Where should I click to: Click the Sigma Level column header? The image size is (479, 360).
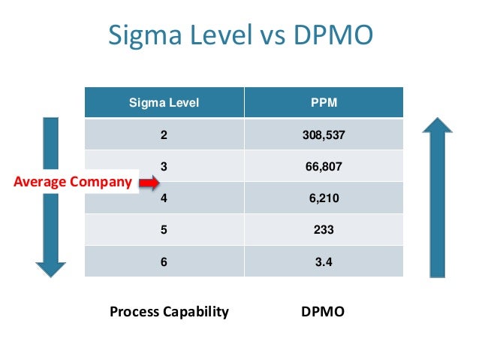(164, 103)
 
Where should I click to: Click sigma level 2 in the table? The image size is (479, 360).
(164, 136)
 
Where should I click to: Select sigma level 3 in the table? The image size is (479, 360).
(164, 168)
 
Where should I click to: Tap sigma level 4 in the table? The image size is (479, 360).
(164, 199)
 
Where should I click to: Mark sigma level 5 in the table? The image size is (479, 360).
(164, 231)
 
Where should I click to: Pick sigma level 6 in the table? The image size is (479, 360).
(164, 262)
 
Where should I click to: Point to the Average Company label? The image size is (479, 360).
(74, 182)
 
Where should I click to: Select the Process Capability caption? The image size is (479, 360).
(169, 311)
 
